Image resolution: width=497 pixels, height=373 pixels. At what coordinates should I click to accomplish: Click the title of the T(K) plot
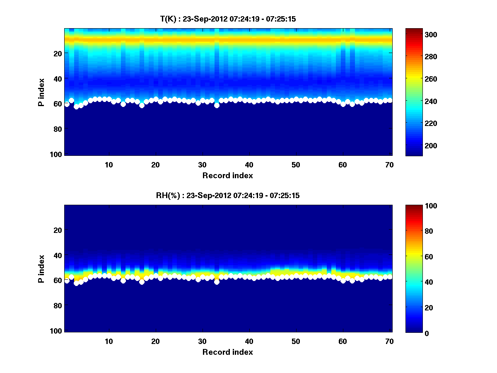coord(228,19)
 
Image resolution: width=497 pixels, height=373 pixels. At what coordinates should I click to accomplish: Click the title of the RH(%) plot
coord(228,195)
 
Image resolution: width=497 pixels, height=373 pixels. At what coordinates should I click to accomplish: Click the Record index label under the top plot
coord(228,175)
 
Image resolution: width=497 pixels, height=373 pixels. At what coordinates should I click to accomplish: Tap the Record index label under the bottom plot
coord(228,352)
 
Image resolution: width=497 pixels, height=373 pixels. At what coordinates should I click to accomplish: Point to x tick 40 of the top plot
coord(249,165)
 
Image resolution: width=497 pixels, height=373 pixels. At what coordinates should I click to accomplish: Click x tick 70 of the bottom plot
coord(389,341)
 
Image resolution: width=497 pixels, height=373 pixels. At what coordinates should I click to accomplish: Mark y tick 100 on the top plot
coord(57,154)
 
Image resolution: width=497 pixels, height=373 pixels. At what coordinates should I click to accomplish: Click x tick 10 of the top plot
coord(109,165)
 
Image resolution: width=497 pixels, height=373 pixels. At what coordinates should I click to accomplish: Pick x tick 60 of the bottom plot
coord(343,341)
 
